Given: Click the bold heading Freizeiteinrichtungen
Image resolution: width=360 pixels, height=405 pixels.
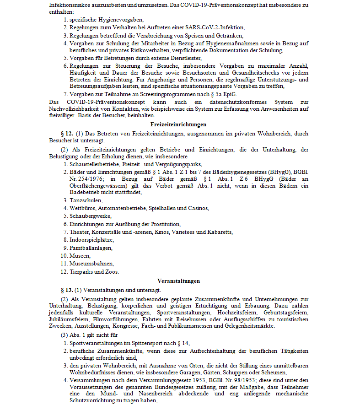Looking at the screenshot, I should (178, 124).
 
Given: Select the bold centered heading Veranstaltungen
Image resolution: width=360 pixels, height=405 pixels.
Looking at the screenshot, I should (178, 281).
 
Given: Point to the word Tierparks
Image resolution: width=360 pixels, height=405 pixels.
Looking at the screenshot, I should (81, 271).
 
